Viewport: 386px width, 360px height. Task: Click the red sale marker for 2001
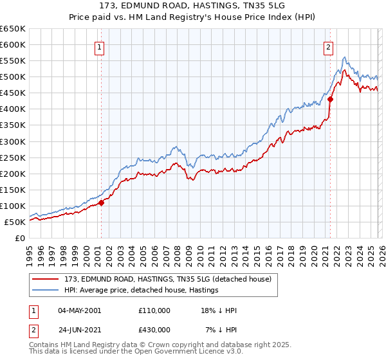pyautogui.click(x=101, y=203)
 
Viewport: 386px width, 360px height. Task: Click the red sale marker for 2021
pyautogui.click(x=330, y=100)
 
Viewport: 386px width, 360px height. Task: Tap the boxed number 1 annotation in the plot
pyautogui.click(x=101, y=46)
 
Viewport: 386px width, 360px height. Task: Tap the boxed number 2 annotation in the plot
pyautogui.click(x=329, y=46)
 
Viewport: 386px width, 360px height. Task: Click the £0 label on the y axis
pyautogui.click(x=19, y=239)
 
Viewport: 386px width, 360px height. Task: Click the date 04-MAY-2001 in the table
pyautogui.click(x=79, y=310)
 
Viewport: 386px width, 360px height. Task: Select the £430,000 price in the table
pyautogui.click(x=154, y=330)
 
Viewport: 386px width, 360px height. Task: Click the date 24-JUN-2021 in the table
pyautogui.click(x=79, y=330)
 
